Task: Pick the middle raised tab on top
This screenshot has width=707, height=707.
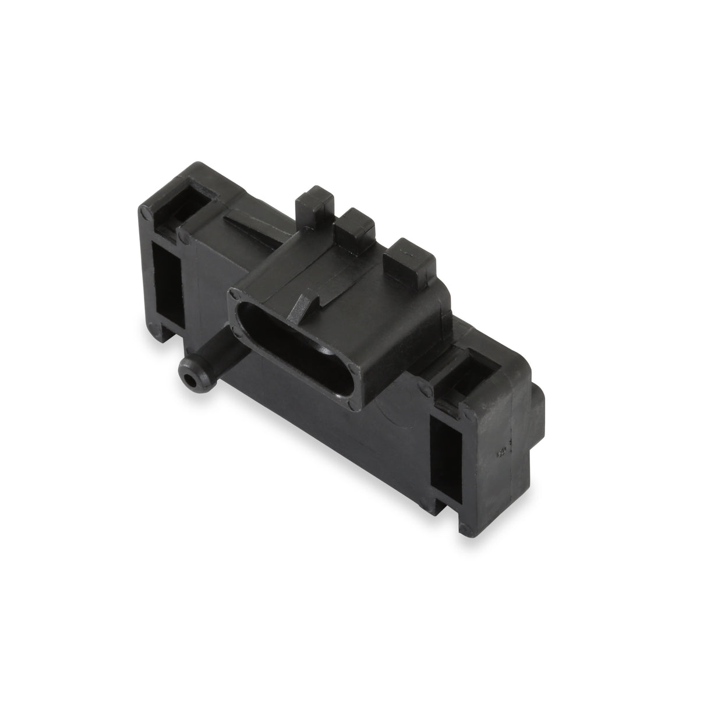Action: pos(355,225)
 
